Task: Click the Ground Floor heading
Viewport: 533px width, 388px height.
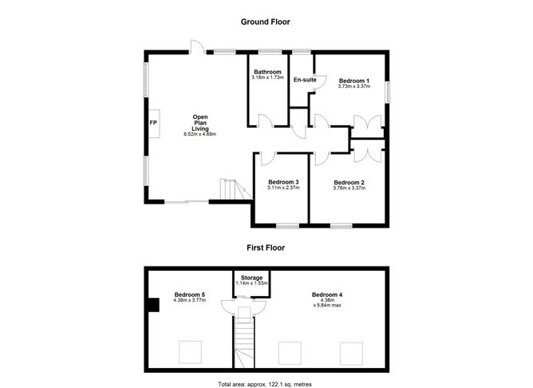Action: pos(265,22)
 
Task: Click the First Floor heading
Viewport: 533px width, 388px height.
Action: pos(266,247)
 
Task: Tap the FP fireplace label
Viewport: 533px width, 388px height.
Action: pos(153,123)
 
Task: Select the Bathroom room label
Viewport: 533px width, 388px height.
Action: pos(267,72)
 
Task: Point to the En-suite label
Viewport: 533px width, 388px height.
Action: pos(305,80)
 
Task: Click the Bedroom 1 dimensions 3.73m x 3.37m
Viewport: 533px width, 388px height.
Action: pos(353,86)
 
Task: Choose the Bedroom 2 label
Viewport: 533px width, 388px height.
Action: pos(349,182)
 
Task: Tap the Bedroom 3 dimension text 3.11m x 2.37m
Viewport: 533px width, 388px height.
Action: pos(283,188)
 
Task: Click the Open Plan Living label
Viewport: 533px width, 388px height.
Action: pos(199,123)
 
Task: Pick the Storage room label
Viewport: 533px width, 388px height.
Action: pos(251,278)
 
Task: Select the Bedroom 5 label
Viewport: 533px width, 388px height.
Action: pos(189,295)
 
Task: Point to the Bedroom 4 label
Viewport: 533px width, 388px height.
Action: pos(327,295)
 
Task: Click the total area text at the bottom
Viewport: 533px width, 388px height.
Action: pos(265,384)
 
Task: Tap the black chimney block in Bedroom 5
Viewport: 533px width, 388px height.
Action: pos(154,305)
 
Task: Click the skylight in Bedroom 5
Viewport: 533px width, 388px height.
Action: pos(191,352)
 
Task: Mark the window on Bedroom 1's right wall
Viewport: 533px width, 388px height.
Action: pos(387,92)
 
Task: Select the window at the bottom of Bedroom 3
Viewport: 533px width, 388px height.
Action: pos(287,225)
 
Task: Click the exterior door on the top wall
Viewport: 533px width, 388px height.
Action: pos(197,46)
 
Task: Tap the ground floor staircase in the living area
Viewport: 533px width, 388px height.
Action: pos(235,189)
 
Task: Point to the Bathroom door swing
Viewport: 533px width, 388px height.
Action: pos(266,121)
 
